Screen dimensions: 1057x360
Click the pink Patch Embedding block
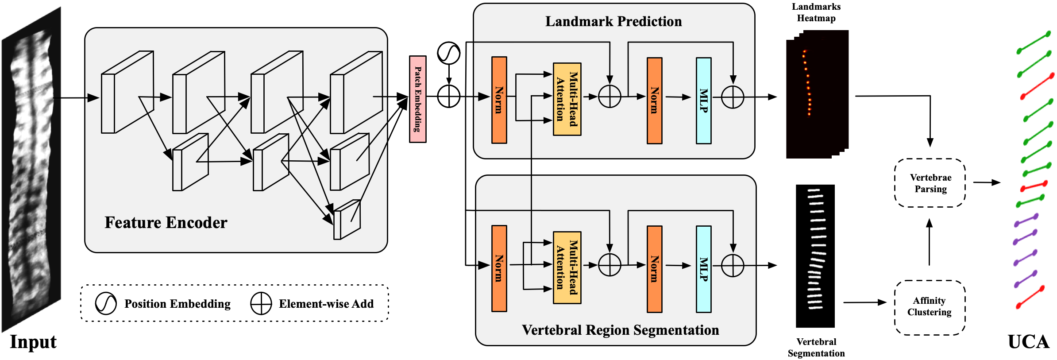[417, 99]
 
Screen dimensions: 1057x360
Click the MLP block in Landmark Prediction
[703, 101]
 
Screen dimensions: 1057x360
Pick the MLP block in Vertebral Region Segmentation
[703, 269]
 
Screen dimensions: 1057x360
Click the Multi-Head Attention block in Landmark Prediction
[567, 99]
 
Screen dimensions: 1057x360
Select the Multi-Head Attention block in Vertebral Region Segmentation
[567, 267]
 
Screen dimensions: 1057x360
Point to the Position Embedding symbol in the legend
[106, 304]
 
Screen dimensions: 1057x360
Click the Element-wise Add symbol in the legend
[261, 304]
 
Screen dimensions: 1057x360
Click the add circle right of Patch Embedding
[448, 96]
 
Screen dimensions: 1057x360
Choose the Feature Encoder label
[166, 223]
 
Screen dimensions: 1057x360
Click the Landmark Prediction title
[613, 21]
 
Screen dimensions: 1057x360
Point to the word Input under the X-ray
[33, 342]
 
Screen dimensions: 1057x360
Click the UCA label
[1029, 342]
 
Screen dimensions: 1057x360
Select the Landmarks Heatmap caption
[816, 12]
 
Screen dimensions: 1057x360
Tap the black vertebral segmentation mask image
[815, 256]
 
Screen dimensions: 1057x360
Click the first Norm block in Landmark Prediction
[499, 100]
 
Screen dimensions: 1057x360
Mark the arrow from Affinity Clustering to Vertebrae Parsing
[929, 242]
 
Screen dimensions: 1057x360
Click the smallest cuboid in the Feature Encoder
[347, 220]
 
